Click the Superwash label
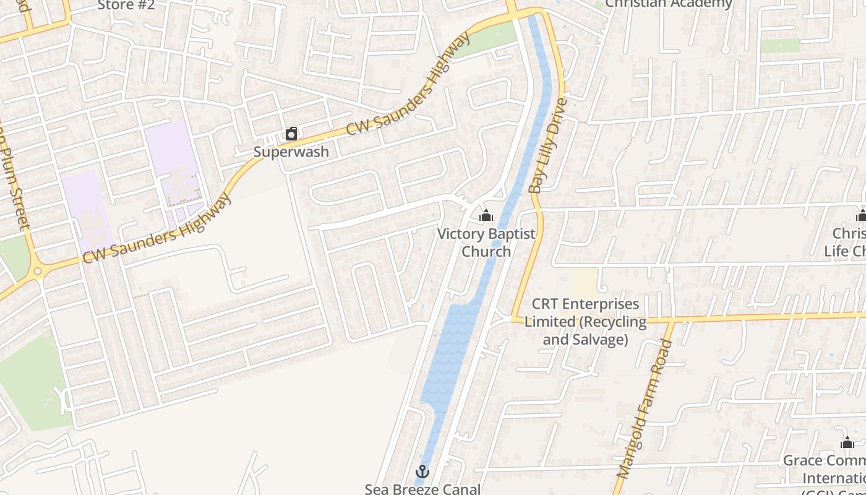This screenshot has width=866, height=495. click(x=291, y=152)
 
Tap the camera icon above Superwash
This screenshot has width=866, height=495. click(x=291, y=134)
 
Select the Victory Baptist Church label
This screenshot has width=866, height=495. click(x=486, y=243)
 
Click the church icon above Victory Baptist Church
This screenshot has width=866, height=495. click(x=486, y=215)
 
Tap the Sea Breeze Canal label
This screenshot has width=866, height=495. click(x=422, y=489)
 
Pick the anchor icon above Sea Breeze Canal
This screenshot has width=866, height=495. click(x=422, y=471)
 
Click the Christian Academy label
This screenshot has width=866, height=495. click(x=668, y=4)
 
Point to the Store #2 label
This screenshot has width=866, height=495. click(x=126, y=5)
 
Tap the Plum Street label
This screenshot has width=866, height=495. click(x=17, y=186)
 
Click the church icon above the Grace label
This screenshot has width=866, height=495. click(x=847, y=442)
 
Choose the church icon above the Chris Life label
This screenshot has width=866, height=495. click(x=860, y=215)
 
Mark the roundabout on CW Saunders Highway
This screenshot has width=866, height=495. click(x=37, y=270)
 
